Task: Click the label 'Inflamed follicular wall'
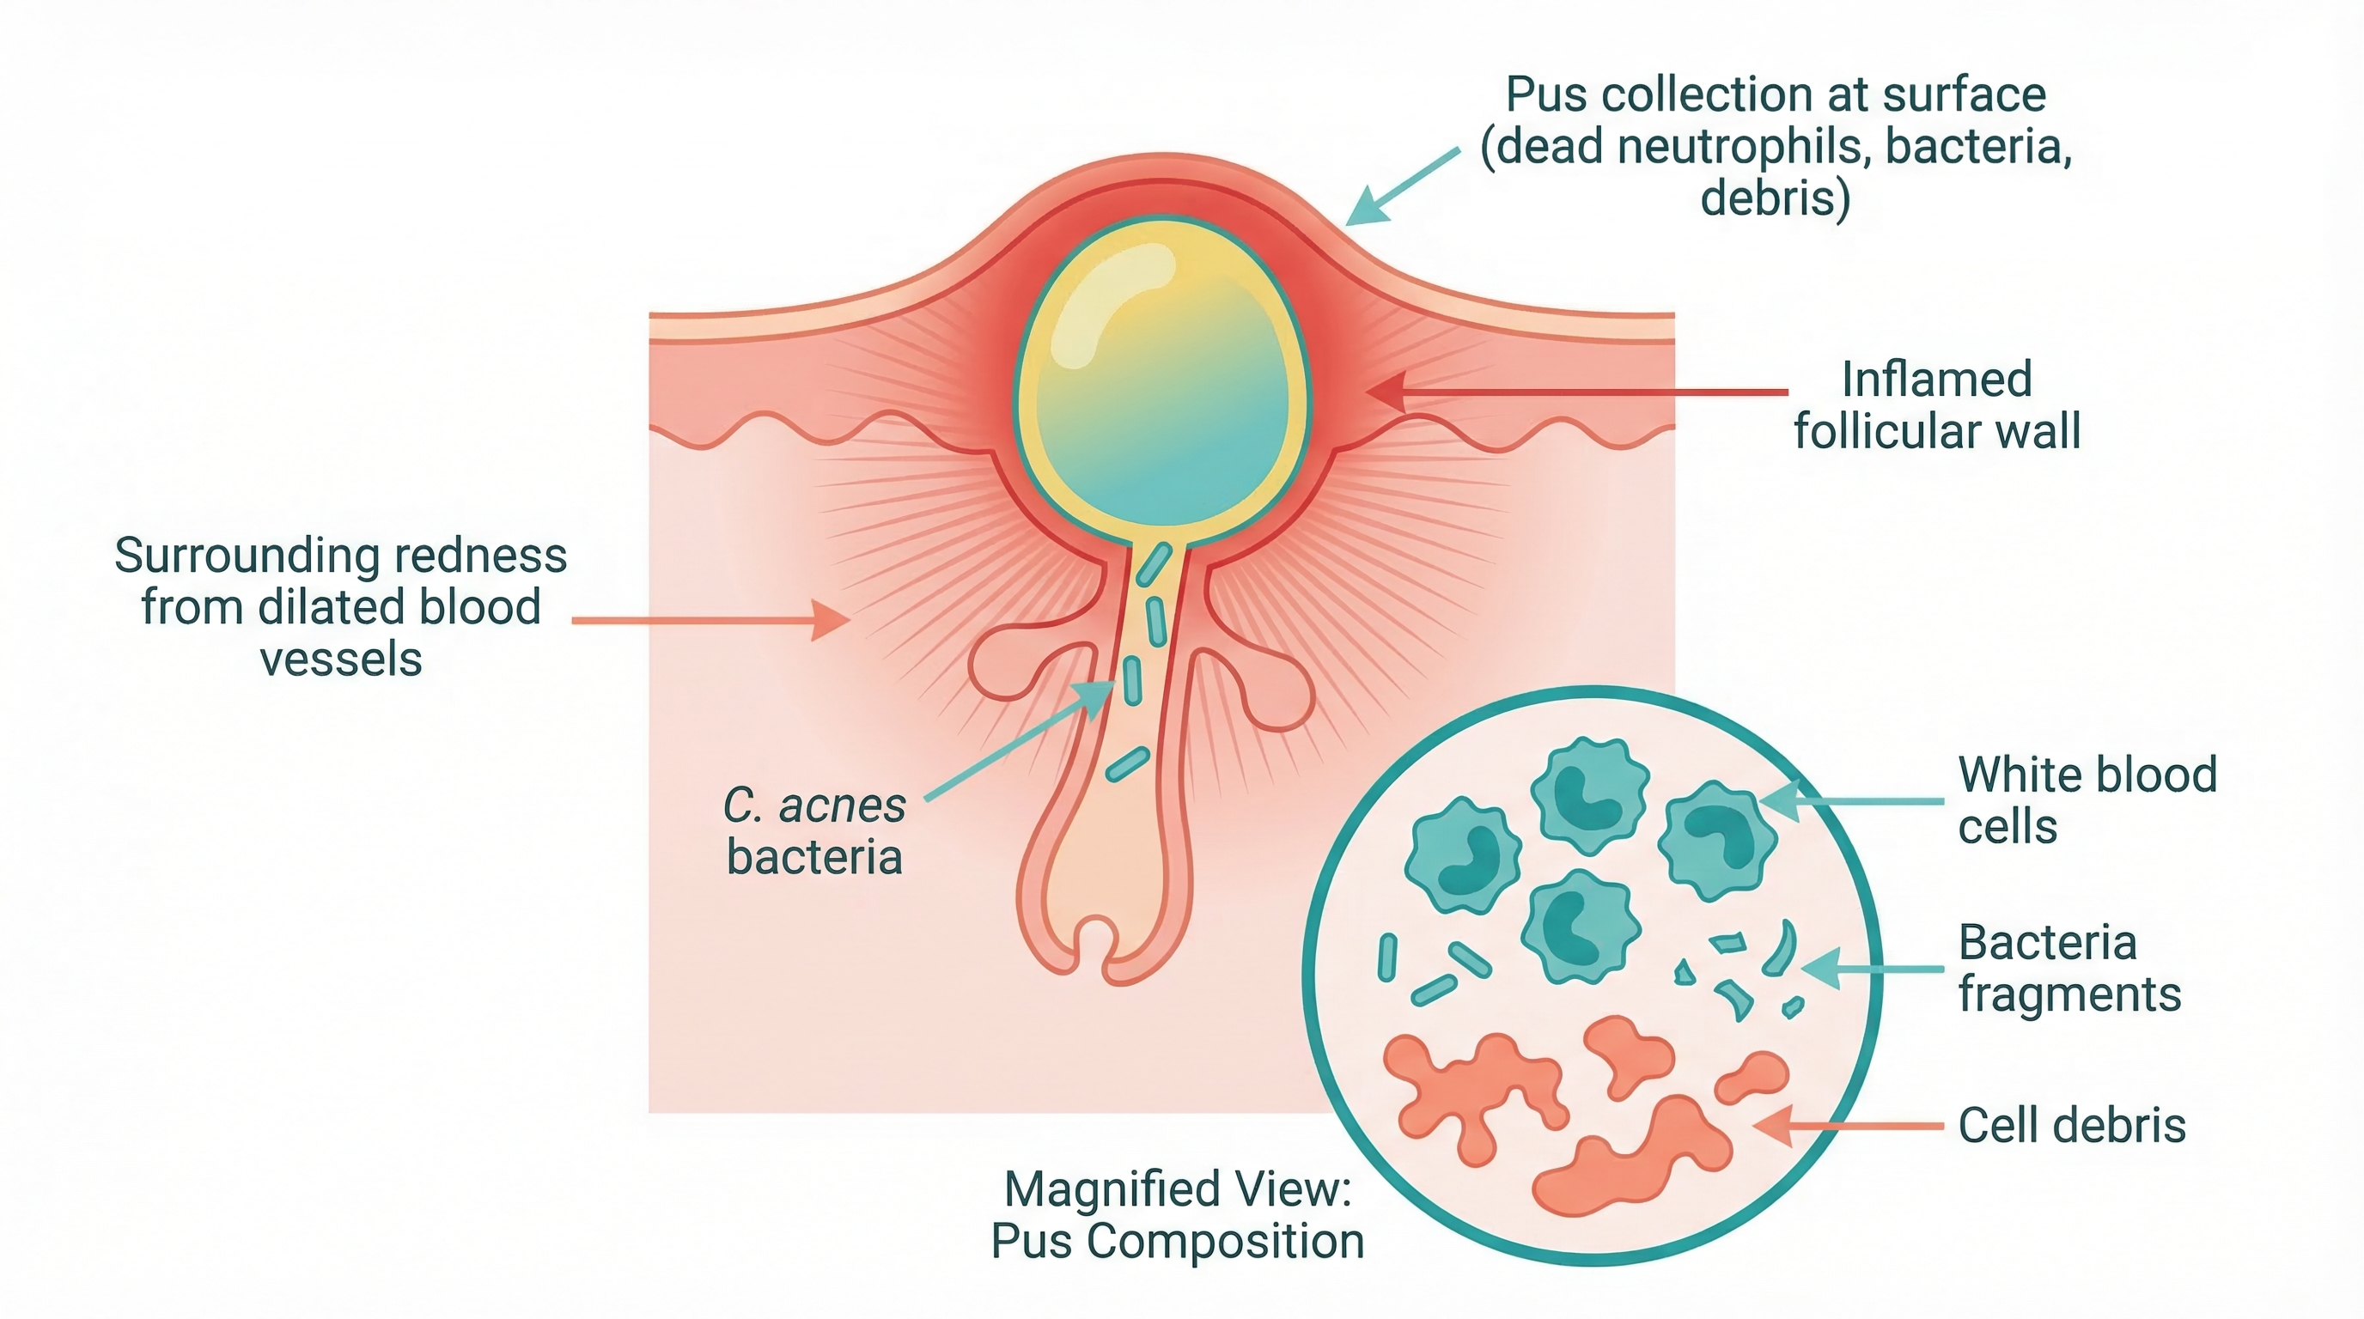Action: click(1936, 404)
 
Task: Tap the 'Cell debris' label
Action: click(2071, 1126)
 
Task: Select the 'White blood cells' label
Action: click(2086, 799)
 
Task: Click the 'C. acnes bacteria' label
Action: click(814, 831)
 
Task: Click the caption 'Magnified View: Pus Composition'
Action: click(1178, 1214)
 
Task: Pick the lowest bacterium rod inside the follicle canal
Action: click(1127, 763)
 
